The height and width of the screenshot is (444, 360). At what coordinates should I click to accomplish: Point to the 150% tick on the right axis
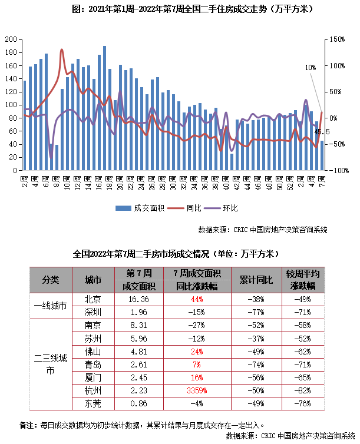[337, 39]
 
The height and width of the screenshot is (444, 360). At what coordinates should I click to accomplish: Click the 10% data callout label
[311, 68]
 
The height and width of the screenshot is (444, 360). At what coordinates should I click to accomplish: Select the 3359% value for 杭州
[198, 390]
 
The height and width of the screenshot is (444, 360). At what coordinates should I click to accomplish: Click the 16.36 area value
[139, 299]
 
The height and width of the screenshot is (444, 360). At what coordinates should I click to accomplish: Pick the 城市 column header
[93, 280]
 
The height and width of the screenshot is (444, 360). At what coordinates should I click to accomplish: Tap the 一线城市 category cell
[51, 306]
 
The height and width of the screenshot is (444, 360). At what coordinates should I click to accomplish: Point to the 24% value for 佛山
[198, 352]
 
